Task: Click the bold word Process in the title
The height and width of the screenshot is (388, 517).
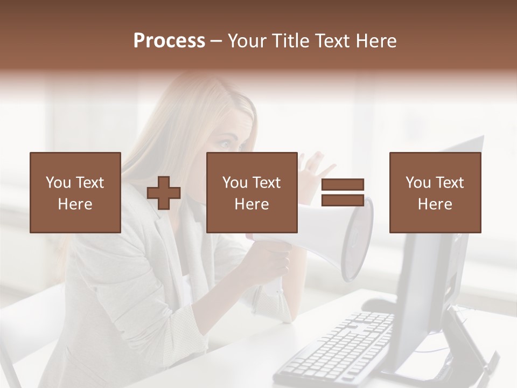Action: click(x=169, y=41)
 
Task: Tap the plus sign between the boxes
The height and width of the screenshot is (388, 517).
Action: click(x=164, y=193)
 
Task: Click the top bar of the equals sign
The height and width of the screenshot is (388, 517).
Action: click(x=343, y=184)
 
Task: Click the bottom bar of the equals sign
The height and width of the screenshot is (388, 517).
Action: click(x=343, y=200)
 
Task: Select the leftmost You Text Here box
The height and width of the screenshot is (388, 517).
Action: click(x=75, y=192)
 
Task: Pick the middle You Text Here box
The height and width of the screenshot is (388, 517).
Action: click(x=251, y=192)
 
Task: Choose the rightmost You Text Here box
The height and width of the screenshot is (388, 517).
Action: click(x=435, y=192)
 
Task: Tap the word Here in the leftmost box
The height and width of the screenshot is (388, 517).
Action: click(x=75, y=204)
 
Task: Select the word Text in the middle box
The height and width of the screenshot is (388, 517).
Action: click(x=266, y=183)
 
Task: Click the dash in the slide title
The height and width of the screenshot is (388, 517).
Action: click(x=216, y=41)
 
